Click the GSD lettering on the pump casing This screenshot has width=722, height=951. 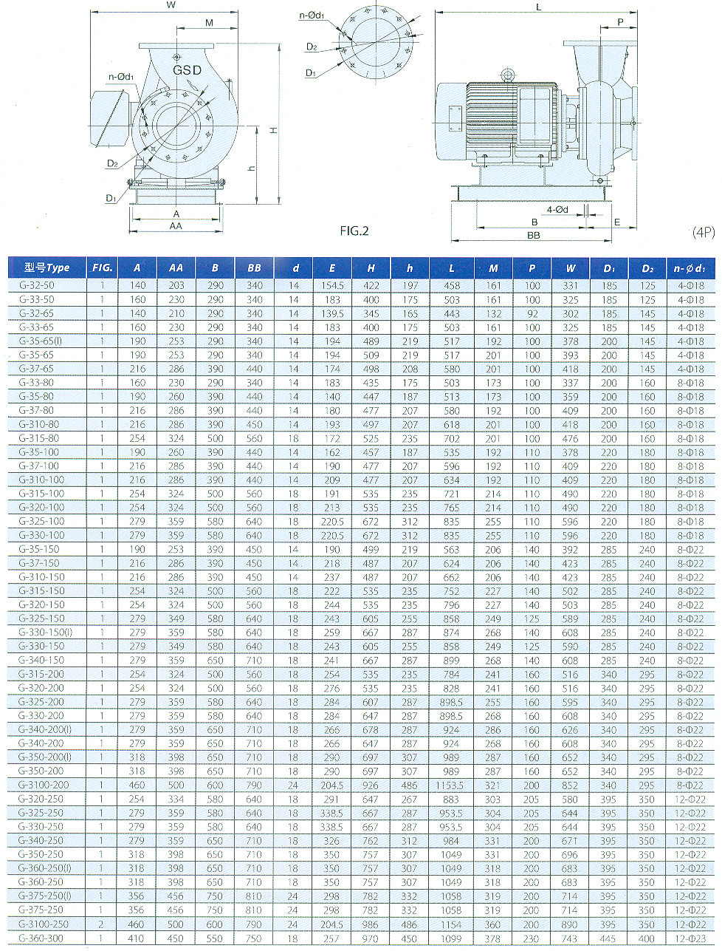[187, 70]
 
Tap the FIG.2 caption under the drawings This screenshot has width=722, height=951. [354, 231]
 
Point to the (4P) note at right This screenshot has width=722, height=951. [704, 232]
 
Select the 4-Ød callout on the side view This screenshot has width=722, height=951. [557, 210]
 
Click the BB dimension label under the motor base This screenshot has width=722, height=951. [533, 235]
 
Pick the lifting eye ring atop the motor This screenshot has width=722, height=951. [507, 75]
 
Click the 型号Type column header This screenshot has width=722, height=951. [47, 267]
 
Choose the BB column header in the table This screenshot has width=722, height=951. [254, 268]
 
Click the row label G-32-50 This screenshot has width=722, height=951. [37, 285]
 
